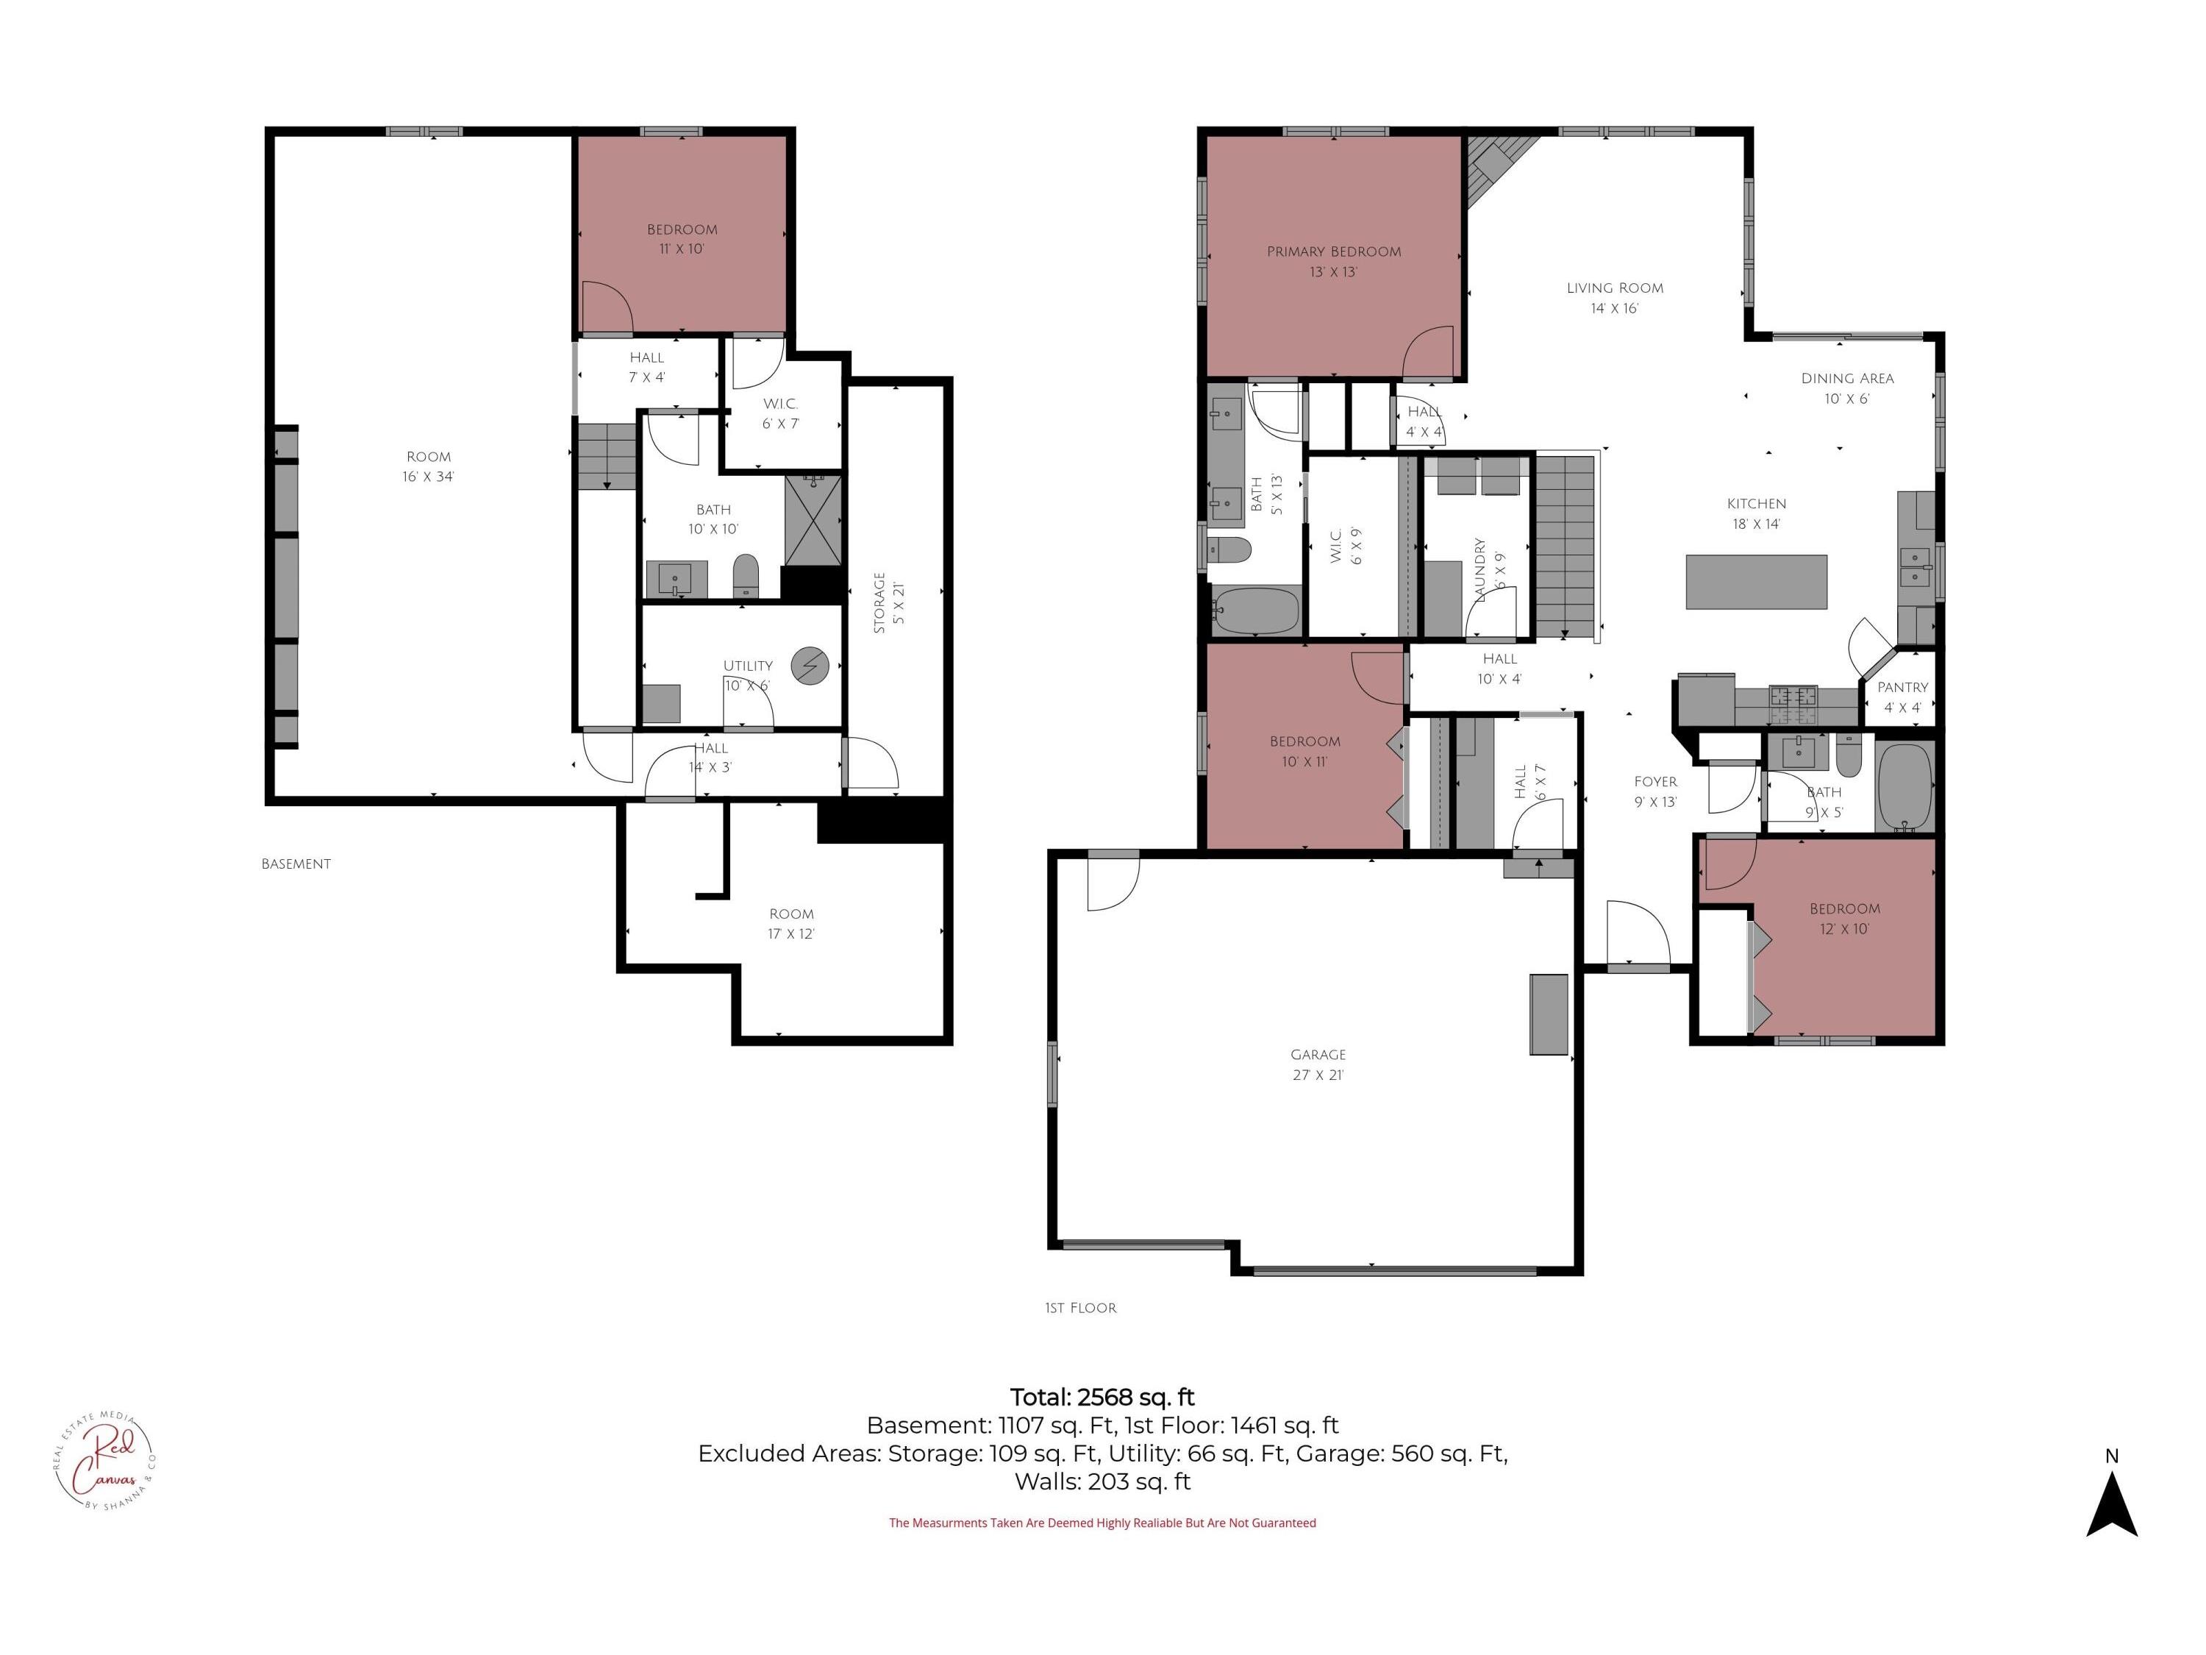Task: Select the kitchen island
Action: pos(1756,582)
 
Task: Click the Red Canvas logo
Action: pos(104,1462)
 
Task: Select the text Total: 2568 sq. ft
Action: pos(1102,1397)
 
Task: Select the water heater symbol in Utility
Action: pos(810,666)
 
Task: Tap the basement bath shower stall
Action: pos(813,521)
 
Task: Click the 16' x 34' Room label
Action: pos(428,467)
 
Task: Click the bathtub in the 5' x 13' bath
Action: pos(1256,611)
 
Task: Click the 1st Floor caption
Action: pos(1080,1308)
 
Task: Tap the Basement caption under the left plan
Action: pos(296,864)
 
